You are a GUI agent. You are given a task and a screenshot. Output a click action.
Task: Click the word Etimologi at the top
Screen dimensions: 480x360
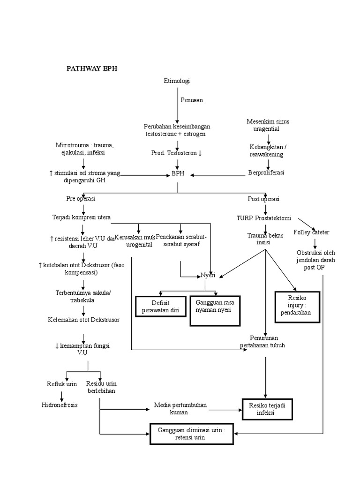tap(177, 81)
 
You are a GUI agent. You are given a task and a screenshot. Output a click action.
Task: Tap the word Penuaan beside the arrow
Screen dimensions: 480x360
tap(192, 100)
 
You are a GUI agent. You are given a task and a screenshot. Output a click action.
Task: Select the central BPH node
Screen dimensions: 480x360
tap(178, 173)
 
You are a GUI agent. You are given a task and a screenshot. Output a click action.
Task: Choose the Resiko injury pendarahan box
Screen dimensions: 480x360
tap(297, 307)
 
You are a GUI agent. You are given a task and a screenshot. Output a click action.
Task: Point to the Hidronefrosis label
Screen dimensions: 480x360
tap(59, 405)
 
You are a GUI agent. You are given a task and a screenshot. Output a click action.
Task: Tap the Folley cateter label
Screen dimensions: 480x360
tap(311, 232)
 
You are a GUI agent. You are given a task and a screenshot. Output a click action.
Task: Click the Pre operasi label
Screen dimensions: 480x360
tap(81, 199)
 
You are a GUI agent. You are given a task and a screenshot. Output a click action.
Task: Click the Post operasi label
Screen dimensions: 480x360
tap(263, 199)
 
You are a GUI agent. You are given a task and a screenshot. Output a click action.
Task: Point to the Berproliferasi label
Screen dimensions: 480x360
tap(266, 172)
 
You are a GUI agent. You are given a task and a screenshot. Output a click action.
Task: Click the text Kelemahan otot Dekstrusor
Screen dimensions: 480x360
tap(83, 320)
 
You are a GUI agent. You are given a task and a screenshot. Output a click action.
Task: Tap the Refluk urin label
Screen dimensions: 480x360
tap(62, 384)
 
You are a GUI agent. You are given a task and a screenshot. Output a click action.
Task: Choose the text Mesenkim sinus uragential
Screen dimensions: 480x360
tap(268, 125)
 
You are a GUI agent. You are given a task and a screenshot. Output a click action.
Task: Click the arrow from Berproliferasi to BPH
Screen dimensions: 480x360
tap(216, 175)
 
